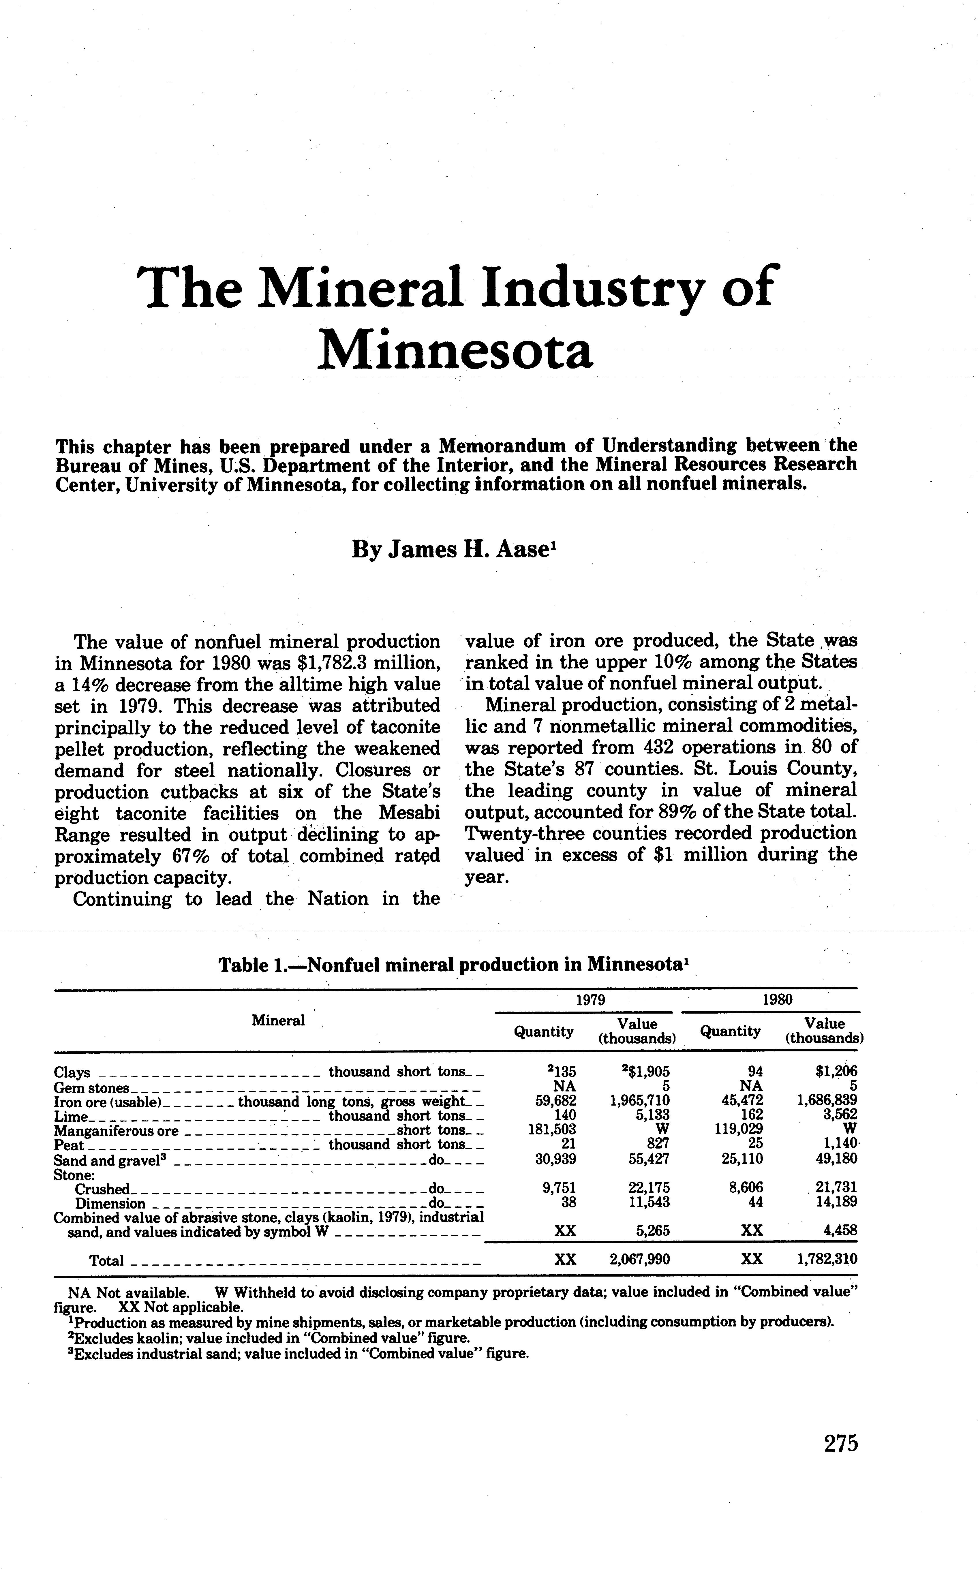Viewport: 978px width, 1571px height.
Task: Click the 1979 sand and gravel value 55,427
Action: [650, 1159]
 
